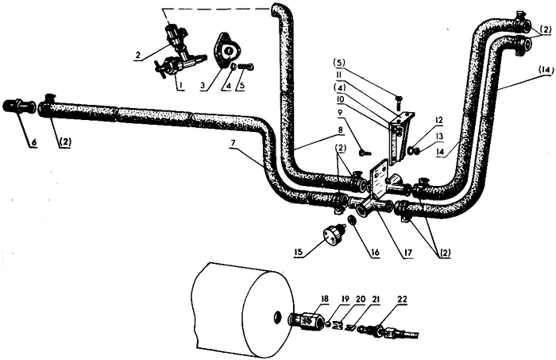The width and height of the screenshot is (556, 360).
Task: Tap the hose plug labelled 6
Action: pos(19,106)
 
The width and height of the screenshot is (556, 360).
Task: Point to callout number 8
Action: pos(341,130)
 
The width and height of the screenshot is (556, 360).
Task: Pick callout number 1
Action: pos(180,85)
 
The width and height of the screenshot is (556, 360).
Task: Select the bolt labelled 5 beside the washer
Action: pos(245,66)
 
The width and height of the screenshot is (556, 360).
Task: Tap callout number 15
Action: pos(298,252)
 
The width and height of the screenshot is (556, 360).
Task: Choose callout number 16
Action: pos(375,252)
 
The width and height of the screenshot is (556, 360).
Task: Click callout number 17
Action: pos(407,252)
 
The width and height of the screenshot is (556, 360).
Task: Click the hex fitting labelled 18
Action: pos(307,320)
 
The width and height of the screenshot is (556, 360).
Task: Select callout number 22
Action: pos(403,300)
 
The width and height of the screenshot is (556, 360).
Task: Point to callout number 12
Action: pos(439,120)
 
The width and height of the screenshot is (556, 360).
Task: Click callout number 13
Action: pos(439,136)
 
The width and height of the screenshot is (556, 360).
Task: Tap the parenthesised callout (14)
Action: pos(546,70)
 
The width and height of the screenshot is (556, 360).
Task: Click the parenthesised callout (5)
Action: pos(338,63)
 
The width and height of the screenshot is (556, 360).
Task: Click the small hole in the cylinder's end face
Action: pos(277,315)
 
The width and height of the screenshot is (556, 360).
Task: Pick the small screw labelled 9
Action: pos(365,153)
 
